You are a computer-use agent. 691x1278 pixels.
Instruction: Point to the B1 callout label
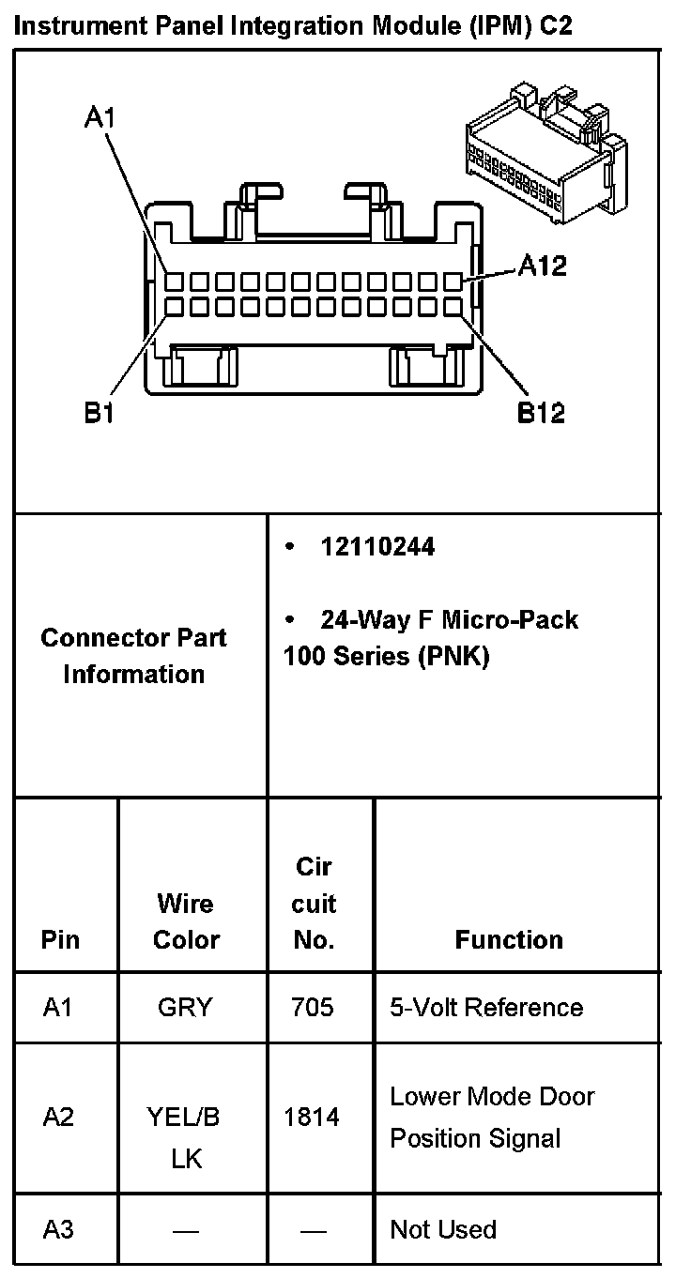(100, 413)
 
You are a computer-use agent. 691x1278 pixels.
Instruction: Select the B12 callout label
(542, 413)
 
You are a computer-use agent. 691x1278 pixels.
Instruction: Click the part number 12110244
(377, 547)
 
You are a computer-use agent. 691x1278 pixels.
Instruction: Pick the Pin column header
(61, 939)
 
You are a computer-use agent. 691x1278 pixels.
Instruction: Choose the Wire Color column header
(186, 921)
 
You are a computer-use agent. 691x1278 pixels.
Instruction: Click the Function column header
(509, 939)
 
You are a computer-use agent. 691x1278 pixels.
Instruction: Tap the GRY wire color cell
(186, 1008)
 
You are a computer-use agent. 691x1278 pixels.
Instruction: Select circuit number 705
(313, 1008)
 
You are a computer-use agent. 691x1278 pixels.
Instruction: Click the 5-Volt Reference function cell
(486, 1008)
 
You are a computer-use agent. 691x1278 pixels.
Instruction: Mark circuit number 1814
(313, 1118)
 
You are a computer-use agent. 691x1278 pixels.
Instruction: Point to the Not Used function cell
(443, 1229)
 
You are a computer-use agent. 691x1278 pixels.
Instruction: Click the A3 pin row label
(58, 1229)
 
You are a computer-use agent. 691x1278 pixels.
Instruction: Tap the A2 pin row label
(58, 1118)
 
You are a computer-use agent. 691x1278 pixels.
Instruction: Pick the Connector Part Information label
(134, 656)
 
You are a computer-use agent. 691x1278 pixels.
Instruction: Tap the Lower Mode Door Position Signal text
(492, 1118)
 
